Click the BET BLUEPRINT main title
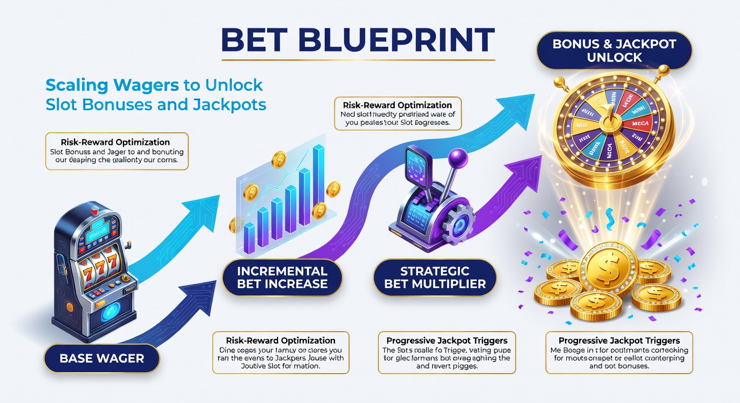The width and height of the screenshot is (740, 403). click(357, 41)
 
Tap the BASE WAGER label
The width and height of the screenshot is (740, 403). click(102, 359)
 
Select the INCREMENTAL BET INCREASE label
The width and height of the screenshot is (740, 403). click(282, 278)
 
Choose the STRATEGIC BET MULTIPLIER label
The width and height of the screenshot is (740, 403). click(435, 278)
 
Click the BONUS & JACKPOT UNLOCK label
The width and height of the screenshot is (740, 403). click(614, 50)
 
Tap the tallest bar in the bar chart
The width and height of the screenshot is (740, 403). click(318, 175)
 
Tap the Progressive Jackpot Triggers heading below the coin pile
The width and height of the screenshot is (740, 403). click(619, 341)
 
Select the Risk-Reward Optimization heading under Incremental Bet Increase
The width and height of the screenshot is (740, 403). click(281, 341)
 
